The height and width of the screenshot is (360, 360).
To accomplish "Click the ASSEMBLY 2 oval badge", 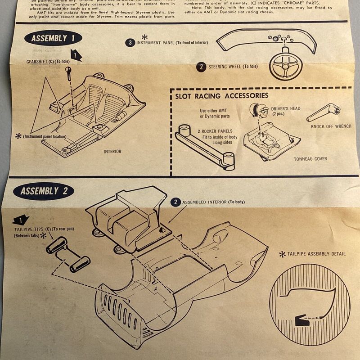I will pyautogui.click(x=44, y=190).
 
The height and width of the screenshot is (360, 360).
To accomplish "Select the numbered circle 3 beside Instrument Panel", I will pyautogui.click(x=130, y=43).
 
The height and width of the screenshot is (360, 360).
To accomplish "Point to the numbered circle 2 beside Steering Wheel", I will pyautogui.click(x=201, y=67).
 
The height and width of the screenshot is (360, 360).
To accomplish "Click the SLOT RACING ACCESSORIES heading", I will pyautogui.click(x=222, y=95).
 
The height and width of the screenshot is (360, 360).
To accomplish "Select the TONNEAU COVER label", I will pyautogui.click(x=310, y=159).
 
